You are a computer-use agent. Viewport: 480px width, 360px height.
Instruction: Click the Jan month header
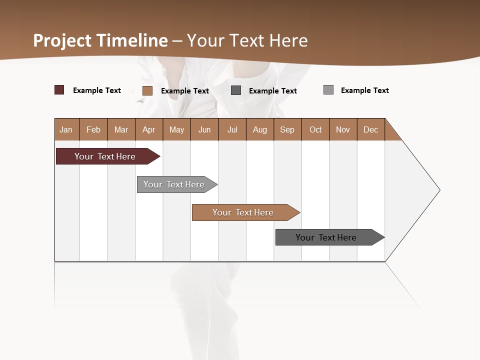point(66,129)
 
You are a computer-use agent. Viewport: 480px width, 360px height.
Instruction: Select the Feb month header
point(93,129)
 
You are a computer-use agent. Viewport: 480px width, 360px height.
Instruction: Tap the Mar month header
point(121,129)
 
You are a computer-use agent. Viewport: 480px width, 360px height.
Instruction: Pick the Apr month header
point(148,129)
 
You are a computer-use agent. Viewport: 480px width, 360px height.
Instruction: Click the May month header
point(176,129)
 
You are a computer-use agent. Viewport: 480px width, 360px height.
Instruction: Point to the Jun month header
point(204,129)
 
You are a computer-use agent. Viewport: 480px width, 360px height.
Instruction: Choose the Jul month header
point(232,129)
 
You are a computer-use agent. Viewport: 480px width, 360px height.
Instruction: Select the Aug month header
point(260,129)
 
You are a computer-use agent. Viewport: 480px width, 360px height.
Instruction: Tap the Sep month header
point(287,129)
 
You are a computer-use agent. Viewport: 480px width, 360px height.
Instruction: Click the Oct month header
point(315,129)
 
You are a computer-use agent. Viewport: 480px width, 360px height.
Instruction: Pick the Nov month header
point(343,129)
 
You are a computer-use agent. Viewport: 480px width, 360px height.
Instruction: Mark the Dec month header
point(370,129)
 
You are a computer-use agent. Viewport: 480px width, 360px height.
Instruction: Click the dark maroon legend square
point(59,90)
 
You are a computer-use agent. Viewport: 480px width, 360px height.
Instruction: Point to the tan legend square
point(147,90)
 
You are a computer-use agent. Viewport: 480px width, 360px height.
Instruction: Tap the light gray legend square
point(328,90)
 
